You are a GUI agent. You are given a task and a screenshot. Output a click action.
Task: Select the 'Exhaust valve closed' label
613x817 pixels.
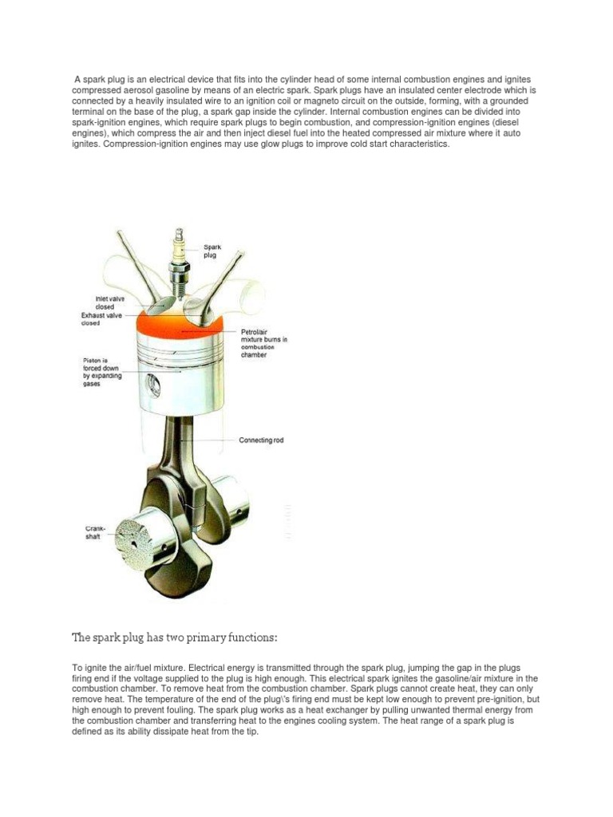(102, 320)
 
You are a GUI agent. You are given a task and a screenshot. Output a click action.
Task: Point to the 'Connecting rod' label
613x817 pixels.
(262, 440)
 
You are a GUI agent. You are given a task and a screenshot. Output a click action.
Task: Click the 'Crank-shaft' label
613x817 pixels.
(96, 532)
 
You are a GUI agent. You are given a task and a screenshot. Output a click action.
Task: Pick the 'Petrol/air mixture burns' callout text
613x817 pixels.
(263, 342)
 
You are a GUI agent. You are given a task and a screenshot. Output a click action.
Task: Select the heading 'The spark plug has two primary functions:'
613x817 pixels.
(175, 637)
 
